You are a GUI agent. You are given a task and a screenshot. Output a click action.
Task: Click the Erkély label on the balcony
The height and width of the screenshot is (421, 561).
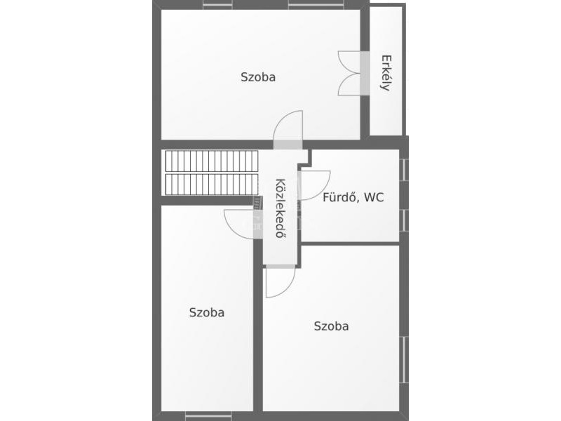(x=386, y=73)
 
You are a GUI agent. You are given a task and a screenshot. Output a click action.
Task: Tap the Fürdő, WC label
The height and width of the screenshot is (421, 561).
(x=353, y=197)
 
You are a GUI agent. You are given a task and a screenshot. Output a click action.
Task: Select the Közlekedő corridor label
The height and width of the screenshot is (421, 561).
(x=281, y=208)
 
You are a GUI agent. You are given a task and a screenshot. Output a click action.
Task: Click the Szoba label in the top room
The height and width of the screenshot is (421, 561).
(x=258, y=77)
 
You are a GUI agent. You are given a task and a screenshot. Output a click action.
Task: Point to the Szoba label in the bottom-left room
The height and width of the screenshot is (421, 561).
(x=207, y=312)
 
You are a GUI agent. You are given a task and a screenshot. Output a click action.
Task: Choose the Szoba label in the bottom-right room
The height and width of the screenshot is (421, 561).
(x=331, y=326)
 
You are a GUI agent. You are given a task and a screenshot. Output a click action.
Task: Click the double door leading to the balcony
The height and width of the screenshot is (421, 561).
(x=349, y=74)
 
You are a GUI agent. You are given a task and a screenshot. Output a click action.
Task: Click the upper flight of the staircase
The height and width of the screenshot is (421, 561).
(x=212, y=161)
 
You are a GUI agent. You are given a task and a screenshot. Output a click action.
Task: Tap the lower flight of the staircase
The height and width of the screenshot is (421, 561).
(x=212, y=185)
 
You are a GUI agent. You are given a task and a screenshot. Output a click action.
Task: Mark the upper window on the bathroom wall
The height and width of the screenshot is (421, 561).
(x=404, y=170)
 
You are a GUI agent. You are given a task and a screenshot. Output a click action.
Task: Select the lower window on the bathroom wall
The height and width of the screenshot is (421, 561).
(x=404, y=220)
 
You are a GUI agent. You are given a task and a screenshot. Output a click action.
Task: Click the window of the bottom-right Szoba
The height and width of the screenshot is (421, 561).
(x=404, y=359)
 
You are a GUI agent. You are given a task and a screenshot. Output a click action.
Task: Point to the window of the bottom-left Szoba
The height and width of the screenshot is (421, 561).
(x=208, y=417)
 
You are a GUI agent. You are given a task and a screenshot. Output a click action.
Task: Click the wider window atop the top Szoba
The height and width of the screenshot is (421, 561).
(x=316, y=4)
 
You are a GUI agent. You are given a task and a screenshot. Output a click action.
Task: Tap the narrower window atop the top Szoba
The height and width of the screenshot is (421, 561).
(x=217, y=4)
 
